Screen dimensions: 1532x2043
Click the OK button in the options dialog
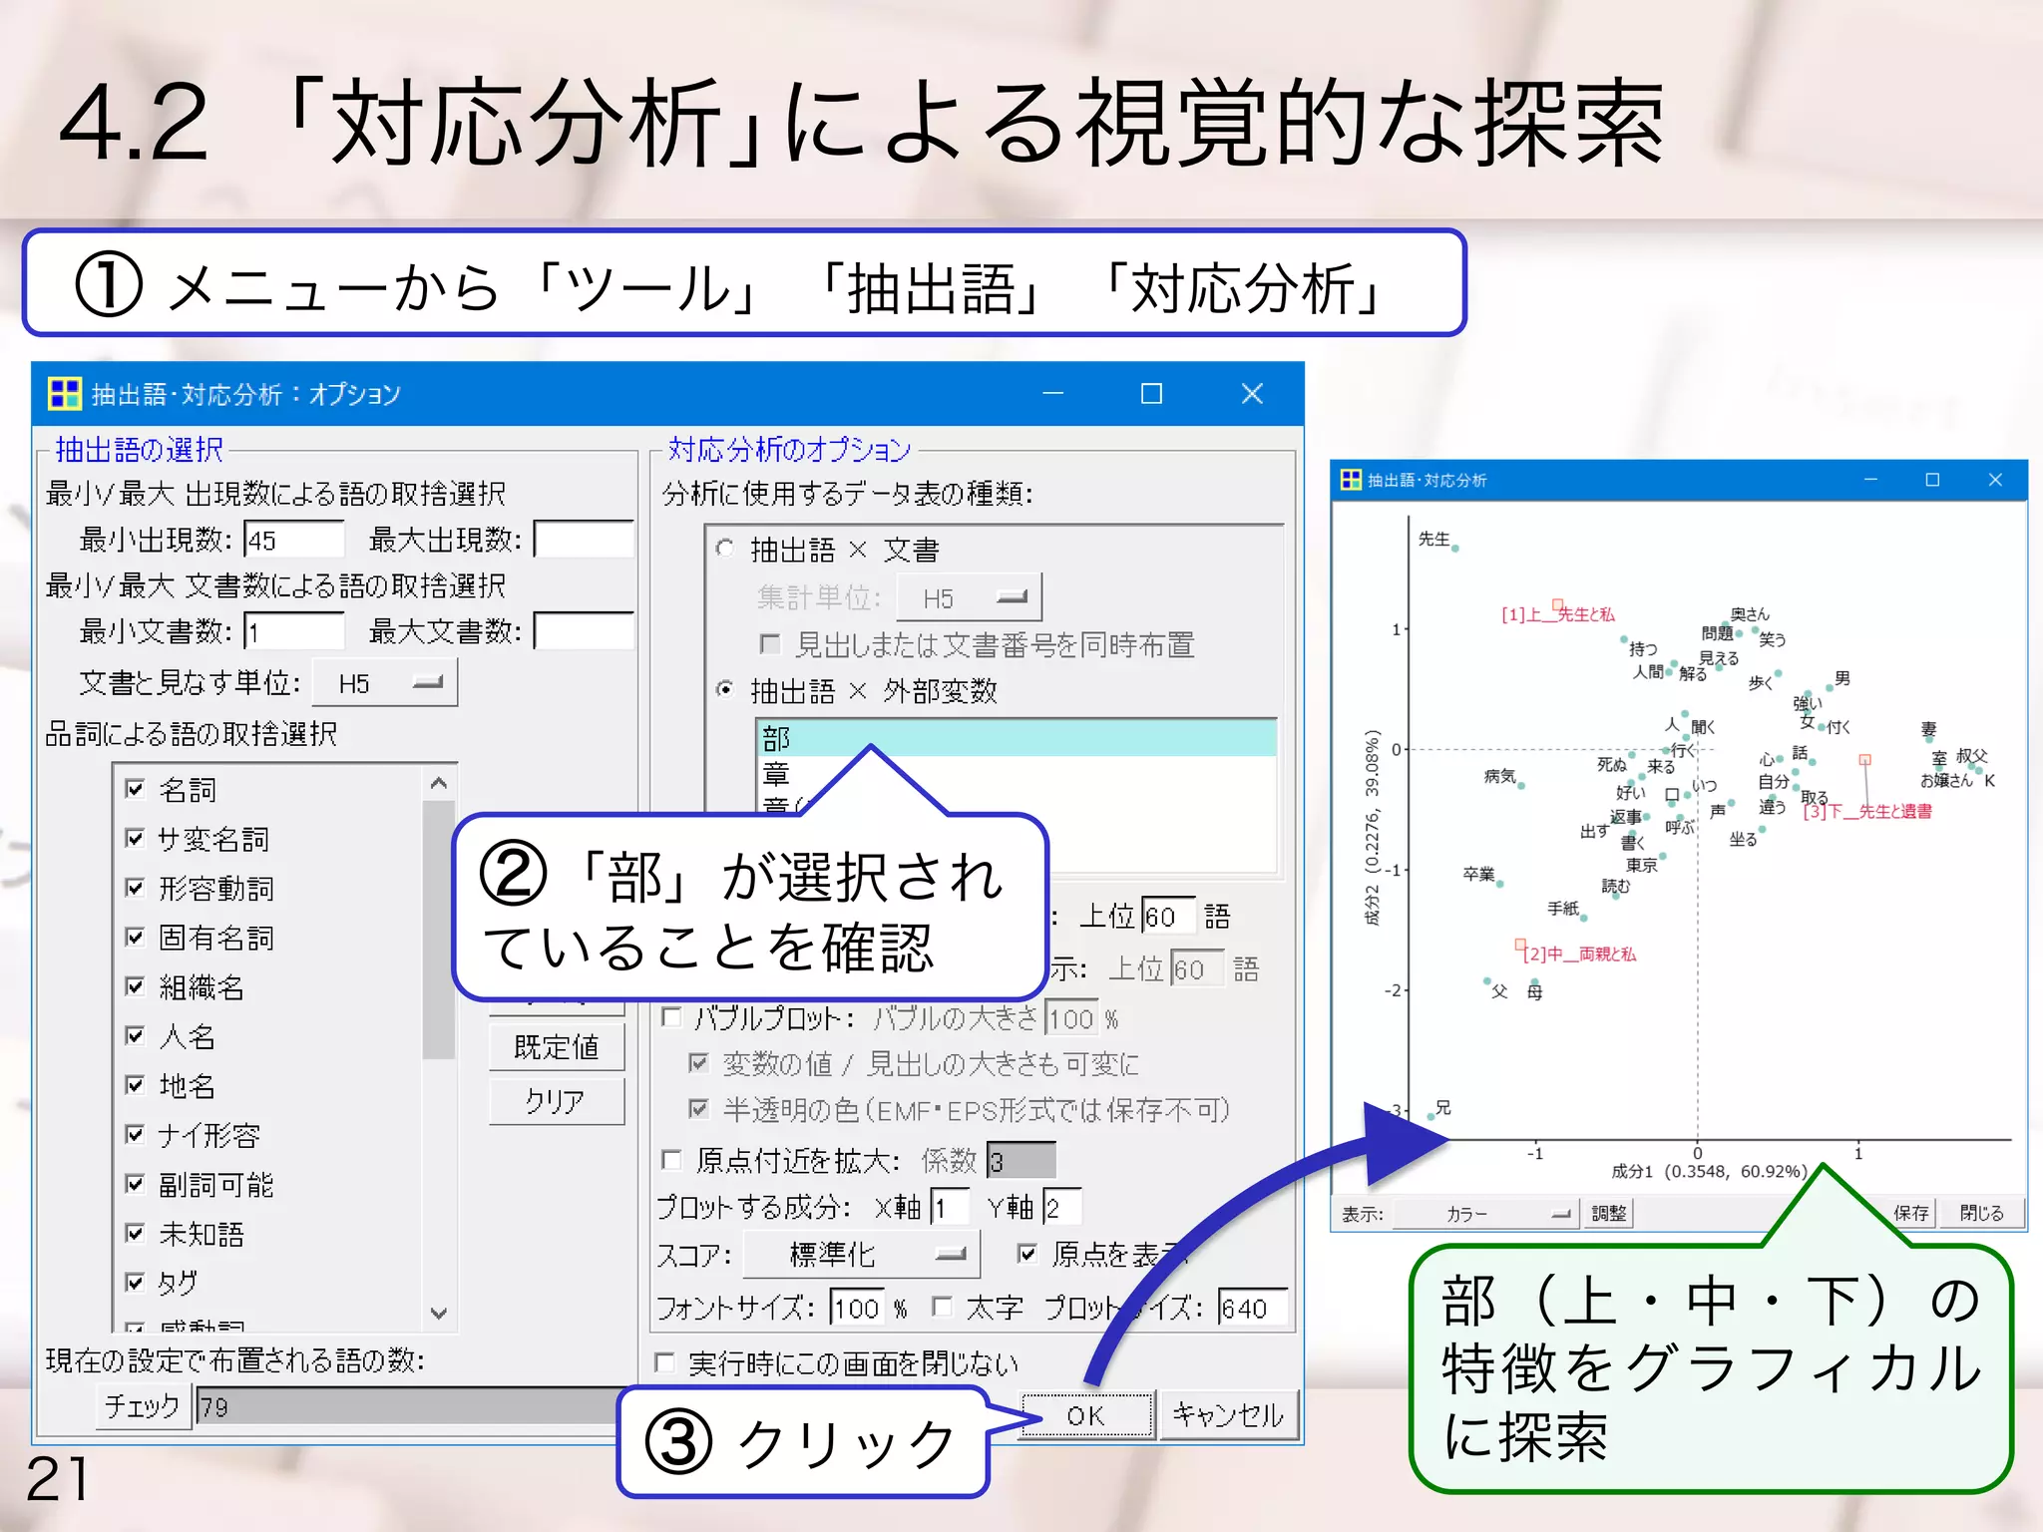(x=1086, y=1415)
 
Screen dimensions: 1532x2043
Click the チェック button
(x=143, y=1406)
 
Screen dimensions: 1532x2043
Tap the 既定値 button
(x=557, y=1047)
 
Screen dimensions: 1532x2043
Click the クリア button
(x=557, y=1101)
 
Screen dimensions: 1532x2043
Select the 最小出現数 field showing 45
(x=293, y=541)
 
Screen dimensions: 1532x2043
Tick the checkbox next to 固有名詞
(x=136, y=937)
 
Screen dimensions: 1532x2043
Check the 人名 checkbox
(x=136, y=1035)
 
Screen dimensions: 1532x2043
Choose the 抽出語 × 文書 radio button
(x=725, y=549)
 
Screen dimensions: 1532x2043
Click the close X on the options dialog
(x=1252, y=394)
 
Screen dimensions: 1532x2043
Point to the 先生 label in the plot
(x=1433, y=539)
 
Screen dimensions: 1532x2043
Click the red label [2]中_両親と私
(x=1579, y=955)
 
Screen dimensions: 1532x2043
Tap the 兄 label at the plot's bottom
(x=1442, y=1108)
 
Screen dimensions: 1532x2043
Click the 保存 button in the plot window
(x=1910, y=1213)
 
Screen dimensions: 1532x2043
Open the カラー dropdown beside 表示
(x=1485, y=1214)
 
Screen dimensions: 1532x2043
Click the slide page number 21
(x=57, y=1479)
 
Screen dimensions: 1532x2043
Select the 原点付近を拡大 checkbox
(x=671, y=1160)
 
